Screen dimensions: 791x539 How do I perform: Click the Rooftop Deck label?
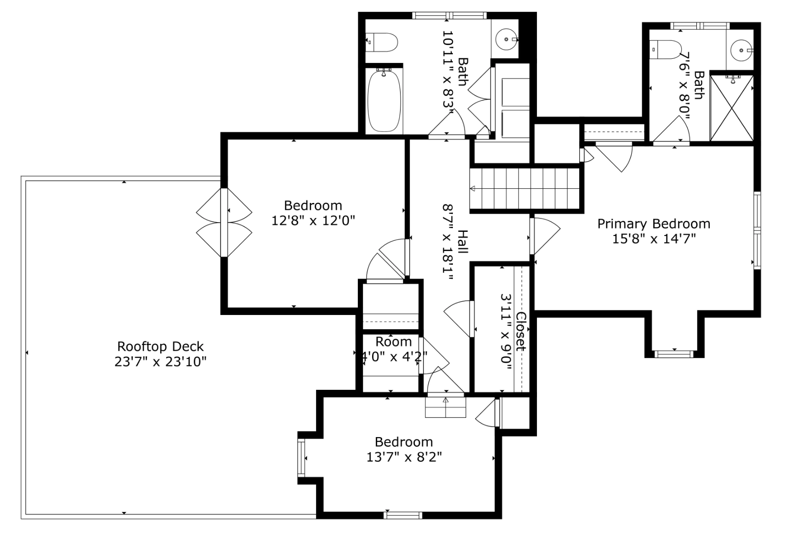click(x=160, y=346)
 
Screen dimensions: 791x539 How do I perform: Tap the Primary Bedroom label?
click(x=654, y=224)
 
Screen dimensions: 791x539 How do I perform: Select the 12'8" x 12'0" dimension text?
click(x=313, y=220)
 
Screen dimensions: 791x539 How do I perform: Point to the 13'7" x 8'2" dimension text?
click(x=404, y=457)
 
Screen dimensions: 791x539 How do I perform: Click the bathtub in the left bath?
click(x=384, y=101)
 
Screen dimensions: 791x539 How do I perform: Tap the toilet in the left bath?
click(x=382, y=42)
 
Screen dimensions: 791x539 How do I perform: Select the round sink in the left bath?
click(x=507, y=39)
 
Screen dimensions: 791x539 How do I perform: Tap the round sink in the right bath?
click(x=740, y=49)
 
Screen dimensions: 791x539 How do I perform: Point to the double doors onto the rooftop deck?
click(x=224, y=223)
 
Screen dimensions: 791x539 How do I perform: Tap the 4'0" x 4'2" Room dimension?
click(x=393, y=356)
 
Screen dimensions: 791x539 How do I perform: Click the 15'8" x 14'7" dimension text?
click(x=654, y=239)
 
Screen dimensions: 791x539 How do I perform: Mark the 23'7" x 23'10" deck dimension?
click(x=160, y=362)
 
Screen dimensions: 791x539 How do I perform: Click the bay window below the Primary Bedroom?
click(x=674, y=354)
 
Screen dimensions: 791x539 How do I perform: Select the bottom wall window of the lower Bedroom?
click(x=403, y=515)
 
